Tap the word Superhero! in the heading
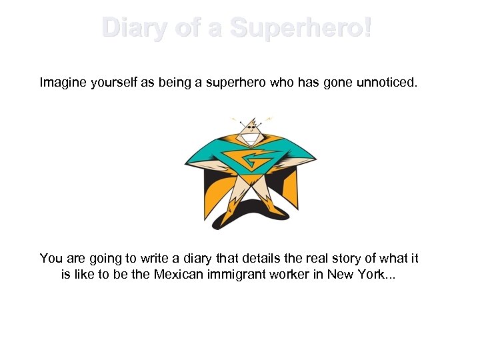click(x=301, y=29)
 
